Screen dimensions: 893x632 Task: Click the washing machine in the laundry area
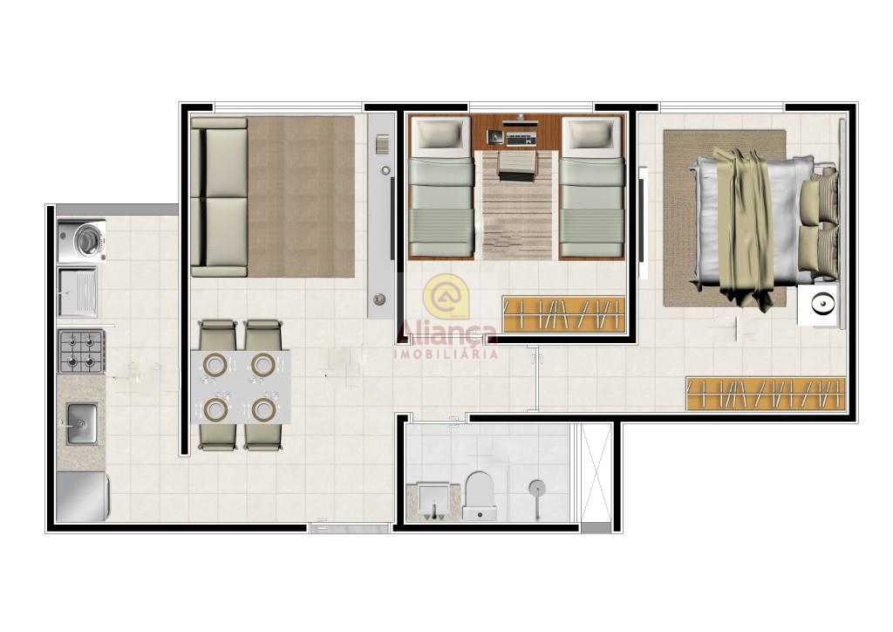coord(82,241)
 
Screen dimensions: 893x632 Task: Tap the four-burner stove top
coord(81,351)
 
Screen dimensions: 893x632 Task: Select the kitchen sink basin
coord(82,423)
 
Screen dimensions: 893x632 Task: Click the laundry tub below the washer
coord(78,292)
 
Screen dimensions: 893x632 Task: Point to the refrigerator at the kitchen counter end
coord(83,496)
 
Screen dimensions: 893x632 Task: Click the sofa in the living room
coord(219,197)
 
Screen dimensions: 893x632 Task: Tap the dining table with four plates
coord(241,387)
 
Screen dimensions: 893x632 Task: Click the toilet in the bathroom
coord(479,495)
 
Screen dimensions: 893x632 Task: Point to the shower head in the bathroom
coord(536,488)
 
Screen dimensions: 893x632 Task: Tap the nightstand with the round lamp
coord(818,305)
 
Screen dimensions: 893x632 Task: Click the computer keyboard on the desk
coord(521,139)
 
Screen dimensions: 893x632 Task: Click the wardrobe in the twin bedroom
coord(564,314)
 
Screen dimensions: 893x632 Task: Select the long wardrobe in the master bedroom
coord(766,393)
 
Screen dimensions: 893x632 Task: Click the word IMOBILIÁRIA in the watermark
coord(446,354)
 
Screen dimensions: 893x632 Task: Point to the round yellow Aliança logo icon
coord(446,296)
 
